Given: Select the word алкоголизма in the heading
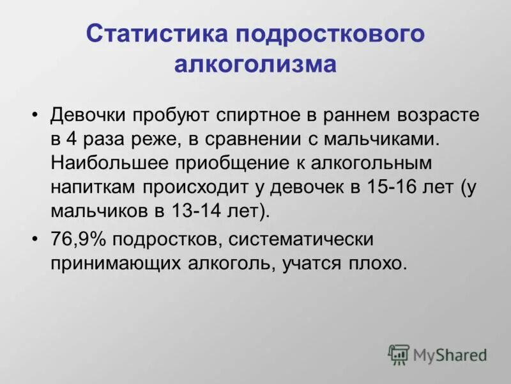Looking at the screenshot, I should pos(256,65).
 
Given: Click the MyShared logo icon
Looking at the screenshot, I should pos(399,353).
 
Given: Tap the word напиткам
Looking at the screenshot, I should pos(93,186).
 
